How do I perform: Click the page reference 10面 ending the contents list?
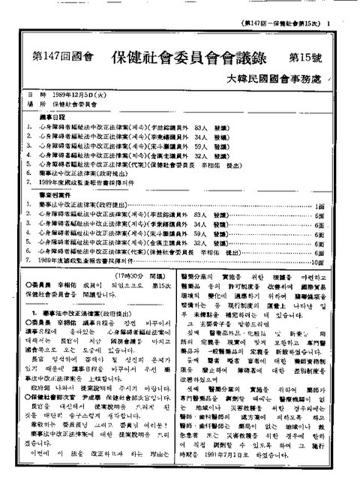[316, 263]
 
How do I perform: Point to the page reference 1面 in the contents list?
[319, 205]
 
